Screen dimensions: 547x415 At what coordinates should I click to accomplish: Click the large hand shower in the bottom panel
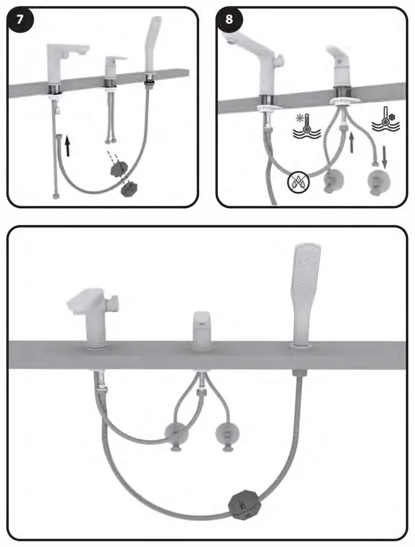[x=306, y=290]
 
